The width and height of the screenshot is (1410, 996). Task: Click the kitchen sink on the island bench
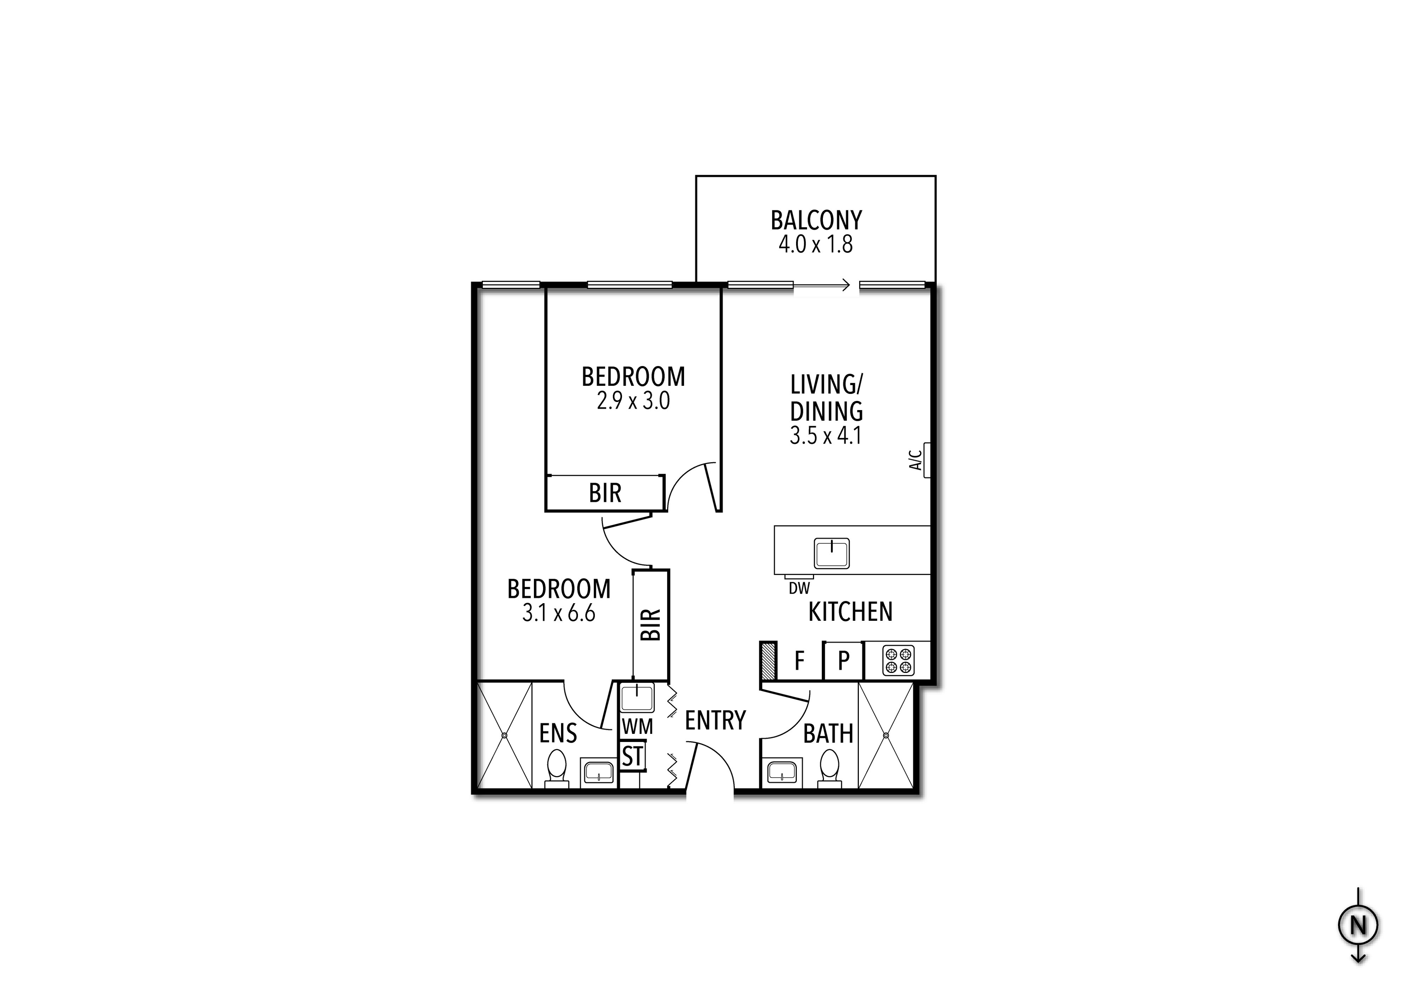pos(832,553)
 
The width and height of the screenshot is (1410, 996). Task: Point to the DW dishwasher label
pos(799,588)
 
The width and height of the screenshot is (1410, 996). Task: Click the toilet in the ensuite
pos(556,766)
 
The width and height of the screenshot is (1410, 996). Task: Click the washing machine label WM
pos(637,727)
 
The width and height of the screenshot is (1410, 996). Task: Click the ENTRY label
pos(715,720)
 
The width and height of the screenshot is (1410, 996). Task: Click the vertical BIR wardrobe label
pos(650,624)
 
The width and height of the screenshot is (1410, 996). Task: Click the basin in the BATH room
pos(781,772)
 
